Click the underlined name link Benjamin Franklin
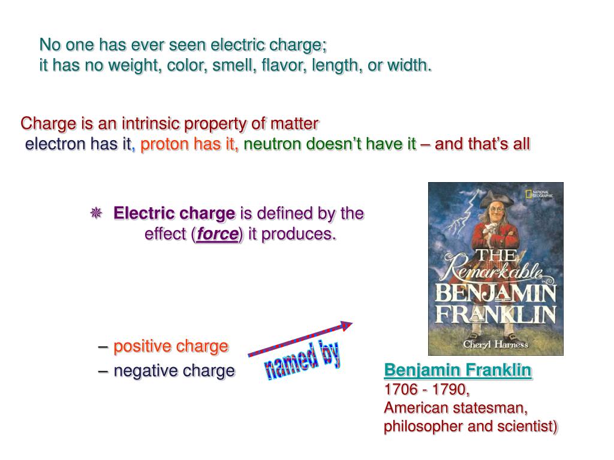pyautogui.click(x=458, y=370)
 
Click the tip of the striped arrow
pyautogui.click(x=351, y=324)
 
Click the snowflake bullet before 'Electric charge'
pyautogui.click(x=95, y=213)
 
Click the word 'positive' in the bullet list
pyautogui.click(x=143, y=346)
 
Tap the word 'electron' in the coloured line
pyautogui.click(x=55, y=144)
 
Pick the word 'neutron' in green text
pyautogui.click(x=273, y=144)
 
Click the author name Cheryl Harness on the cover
pyautogui.click(x=495, y=344)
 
